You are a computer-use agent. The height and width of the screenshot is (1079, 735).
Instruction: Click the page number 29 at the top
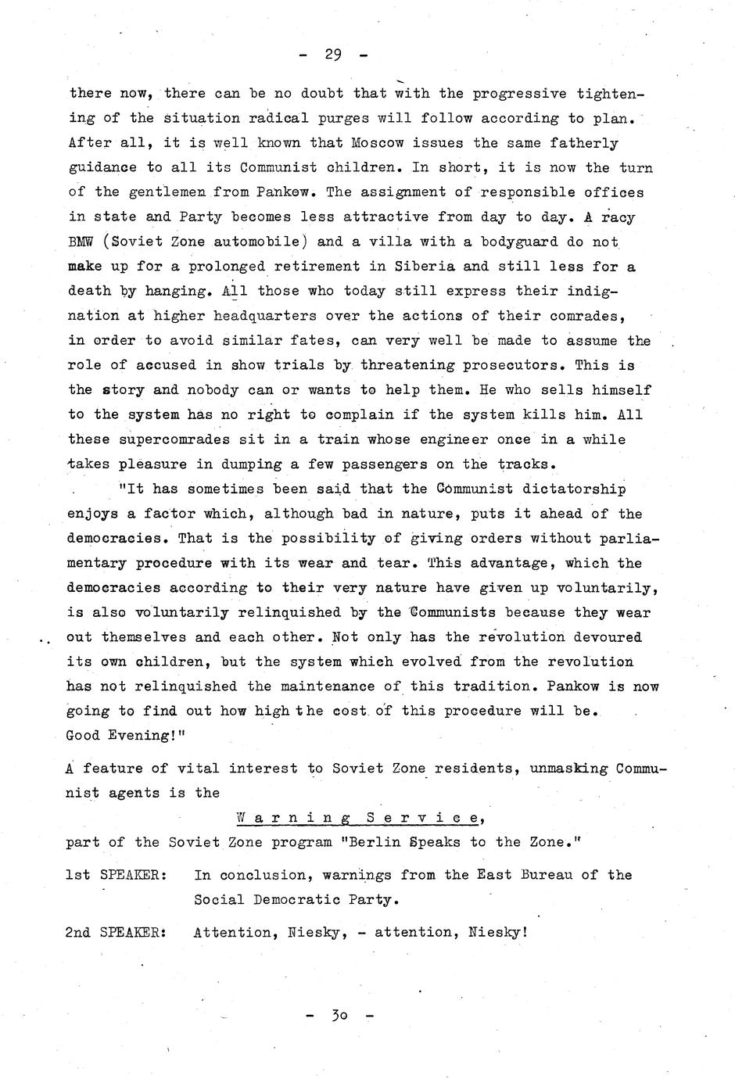click(333, 55)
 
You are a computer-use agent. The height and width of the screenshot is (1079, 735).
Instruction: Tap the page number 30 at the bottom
click(339, 1016)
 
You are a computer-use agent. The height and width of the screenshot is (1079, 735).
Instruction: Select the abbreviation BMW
click(81, 242)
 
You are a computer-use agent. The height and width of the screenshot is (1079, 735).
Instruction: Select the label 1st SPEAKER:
click(116, 875)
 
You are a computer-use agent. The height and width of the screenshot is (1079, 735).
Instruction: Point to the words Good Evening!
click(117, 736)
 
